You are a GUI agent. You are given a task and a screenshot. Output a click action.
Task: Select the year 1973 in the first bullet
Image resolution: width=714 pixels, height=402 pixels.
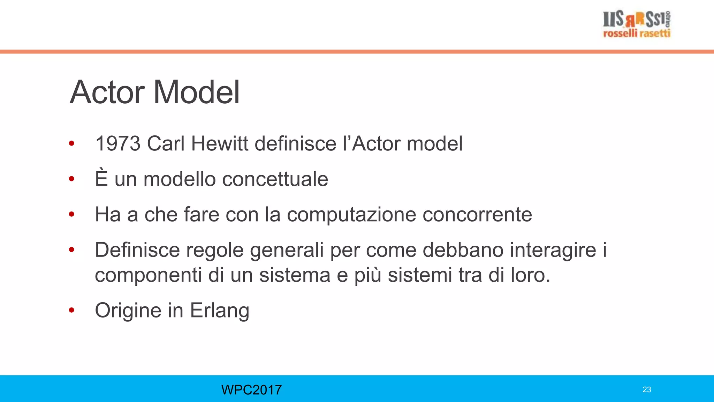[x=118, y=143]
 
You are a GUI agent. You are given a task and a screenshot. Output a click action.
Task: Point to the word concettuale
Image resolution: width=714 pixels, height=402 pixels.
[x=275, y=179]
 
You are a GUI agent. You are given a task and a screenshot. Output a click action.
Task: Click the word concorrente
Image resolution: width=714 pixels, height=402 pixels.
[x=477, y=214]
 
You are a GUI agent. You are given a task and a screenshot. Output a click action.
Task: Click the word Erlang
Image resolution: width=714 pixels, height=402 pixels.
[x=220, y=310]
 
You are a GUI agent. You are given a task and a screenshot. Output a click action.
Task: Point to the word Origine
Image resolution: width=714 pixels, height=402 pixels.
[x=128, y=310]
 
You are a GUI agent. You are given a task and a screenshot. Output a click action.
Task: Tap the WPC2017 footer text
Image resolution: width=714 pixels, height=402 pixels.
[x=251, y=390]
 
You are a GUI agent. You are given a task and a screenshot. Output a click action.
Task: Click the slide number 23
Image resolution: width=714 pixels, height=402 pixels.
[x=647, y=390]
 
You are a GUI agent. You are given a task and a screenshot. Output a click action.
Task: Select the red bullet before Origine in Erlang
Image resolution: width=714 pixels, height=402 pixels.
[x=72, y=310]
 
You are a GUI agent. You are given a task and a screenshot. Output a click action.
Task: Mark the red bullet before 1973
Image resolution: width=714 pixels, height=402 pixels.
[x=72, y=143]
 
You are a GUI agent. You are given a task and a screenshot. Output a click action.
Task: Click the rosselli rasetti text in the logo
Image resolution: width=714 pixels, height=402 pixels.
[x=637, y=33]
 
